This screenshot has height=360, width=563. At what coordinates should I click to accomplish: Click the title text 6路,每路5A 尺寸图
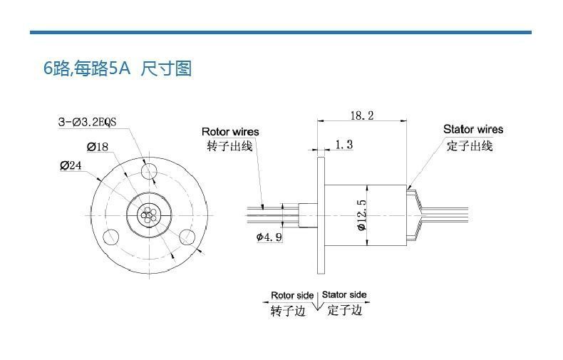(x=118, y=69)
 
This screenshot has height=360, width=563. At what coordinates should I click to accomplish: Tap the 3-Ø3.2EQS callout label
(x=87, y=122)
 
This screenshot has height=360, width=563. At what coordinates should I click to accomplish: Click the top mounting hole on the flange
(x=149, y=172)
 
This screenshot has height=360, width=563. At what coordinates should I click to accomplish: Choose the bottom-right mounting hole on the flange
(x=187, y=236)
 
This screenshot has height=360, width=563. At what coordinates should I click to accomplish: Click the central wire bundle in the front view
(x=148, y=214)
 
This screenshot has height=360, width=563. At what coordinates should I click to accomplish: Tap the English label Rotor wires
(x=230, y=132)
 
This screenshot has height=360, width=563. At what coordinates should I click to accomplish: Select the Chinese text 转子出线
(x=229, y=146)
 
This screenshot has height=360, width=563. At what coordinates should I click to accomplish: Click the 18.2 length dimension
(x=362, y=115)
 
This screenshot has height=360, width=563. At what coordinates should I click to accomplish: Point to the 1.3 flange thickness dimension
(x=344, y=145)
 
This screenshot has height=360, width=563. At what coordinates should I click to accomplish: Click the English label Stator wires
(x=473, y=129)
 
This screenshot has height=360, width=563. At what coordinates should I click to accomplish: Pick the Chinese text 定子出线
(x=470, y=145)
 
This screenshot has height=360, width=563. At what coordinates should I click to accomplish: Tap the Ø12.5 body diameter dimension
(x=362, y=215)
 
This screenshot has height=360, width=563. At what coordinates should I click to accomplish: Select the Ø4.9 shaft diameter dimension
(x=269, y=237)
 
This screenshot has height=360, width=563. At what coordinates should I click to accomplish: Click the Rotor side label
(x=292, y=295)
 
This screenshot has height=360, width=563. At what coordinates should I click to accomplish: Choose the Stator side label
(x=344, y=294)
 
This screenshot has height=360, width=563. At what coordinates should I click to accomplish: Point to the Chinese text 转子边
(x=288, y=312)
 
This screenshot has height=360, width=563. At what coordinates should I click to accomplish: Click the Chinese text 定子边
(x=345, y=311)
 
